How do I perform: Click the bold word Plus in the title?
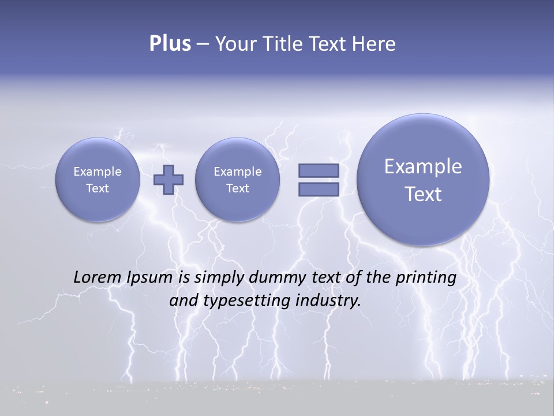(170, 44)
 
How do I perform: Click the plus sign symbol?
(169, 179)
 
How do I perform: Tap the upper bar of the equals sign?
(318, 170)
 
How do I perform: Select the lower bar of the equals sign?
(318, 189)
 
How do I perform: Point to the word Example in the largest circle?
(423, 166)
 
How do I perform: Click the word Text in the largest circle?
(423, 194)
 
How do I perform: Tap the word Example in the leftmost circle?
(98, 172)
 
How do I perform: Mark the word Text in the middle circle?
(237, 188)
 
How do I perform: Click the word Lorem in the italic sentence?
(97, 277)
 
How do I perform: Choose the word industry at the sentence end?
(328, 301)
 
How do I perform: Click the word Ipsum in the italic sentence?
(149, 278)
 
